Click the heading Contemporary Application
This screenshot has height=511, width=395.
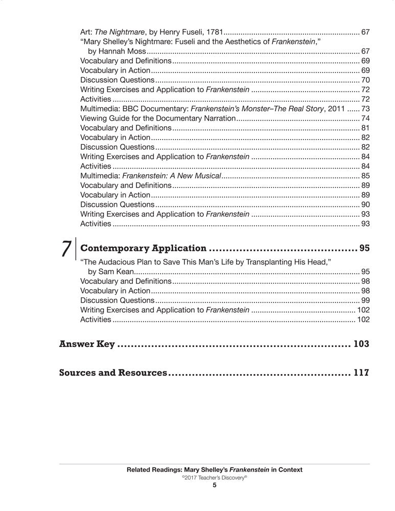[x=144, y=249]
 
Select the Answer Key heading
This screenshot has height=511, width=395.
[x=87, y=344]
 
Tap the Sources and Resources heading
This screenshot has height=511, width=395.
[x=113, y=373]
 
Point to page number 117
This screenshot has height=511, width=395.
[x=361, y=373]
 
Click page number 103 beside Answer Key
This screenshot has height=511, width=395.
[x=361, y=344]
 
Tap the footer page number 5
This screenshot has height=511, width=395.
[x=215, y=485]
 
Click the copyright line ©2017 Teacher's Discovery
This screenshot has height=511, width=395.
[x=215, y=477]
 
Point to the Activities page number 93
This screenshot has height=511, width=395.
[x=365, y=223]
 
